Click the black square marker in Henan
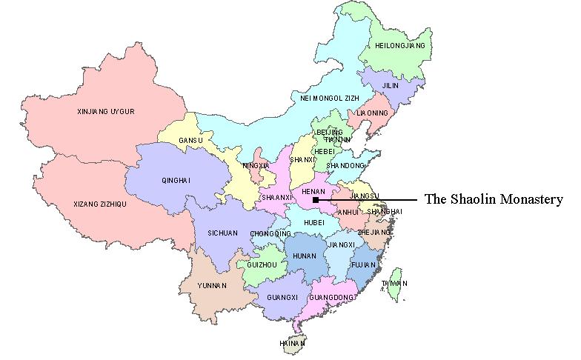[x=316, y=200]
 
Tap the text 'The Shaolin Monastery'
[x=494, y=199]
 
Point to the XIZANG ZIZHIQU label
[x=101, y=204]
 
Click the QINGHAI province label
[x=176, y=180]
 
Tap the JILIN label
[x=390, y=85]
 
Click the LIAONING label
[x=372, y=113]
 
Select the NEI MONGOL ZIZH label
[x=328, y=97]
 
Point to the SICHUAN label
[x=222, y=233]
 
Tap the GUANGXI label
[x=281, y=298]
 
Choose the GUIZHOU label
[x=262, y=264]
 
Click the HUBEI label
[x=315, y=221]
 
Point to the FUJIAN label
[x=365, y=264]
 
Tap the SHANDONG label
[x=346, y=165]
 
